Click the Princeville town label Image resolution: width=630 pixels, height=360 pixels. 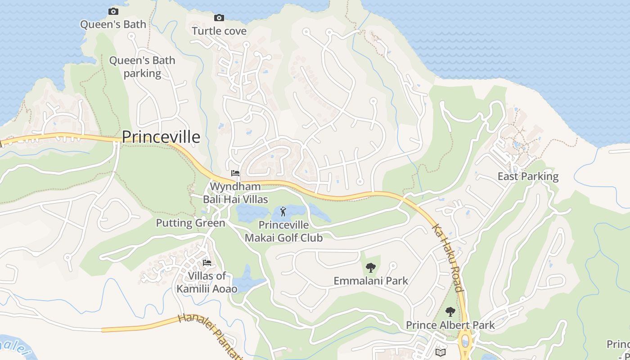coord(161,137)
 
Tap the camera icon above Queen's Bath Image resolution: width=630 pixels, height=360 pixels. coord(113,12)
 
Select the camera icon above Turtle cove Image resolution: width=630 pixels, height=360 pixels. coord(219,18)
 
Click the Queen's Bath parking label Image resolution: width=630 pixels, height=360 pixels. coord(142,67)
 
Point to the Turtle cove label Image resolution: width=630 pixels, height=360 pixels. coord(219,31)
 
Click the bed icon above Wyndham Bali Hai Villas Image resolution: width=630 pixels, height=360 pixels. coord(235,173)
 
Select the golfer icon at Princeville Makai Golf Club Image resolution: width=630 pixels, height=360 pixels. coord(283,211)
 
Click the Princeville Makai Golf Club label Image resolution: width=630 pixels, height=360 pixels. coord(284,231)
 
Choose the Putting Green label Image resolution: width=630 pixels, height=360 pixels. coord(190,223)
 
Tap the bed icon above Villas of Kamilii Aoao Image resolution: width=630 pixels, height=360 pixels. coord(207,263)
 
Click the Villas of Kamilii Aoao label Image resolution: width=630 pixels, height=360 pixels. coord(207,282)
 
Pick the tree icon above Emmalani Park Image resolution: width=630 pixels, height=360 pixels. coord(371,268)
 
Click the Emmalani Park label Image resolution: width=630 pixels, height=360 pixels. coord(371,281)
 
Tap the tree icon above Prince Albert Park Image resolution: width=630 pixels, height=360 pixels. coord(450,312)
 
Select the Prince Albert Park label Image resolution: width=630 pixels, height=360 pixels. coord(450,325)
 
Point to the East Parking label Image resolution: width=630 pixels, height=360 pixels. coord(528,176)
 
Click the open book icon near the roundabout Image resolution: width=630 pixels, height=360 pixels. coord(441,352)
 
